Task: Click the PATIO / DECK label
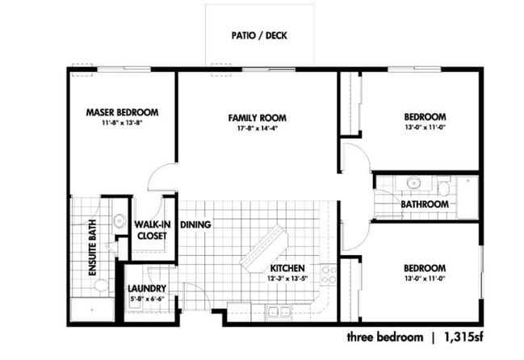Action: pyautogui.click(x=259, y=36)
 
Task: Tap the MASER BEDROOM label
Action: pyautogui.click(x=121, y=112)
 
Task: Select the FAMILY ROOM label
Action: pyautogui.click(x=257, y=118)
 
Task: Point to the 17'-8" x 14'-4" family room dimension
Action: pyautogui.click(x=257, y=128)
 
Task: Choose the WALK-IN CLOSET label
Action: pyautogui.click(x=150, y=230)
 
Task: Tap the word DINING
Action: pyautogui.click(x=196, y=225)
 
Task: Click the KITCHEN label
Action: pyautogui.click(x=287, y=268)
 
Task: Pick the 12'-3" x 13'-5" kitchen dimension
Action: pyautogui.click(x=287, y=278)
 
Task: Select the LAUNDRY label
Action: pyautogui.click(x=147, y=288)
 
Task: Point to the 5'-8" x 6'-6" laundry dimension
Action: pyautogui.click(x=147, y=299)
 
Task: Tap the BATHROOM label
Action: pyautogui.click(x=424, y=204)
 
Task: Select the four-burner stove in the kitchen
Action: pyautogui.click(x=328, y=274)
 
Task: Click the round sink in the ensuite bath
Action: pyautogui.click(x=119, y=220)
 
